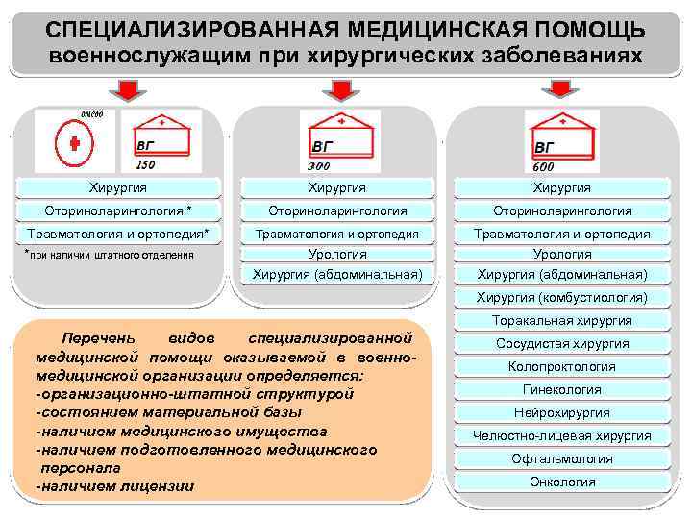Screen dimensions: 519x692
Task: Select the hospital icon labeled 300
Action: click(x=340, y=140)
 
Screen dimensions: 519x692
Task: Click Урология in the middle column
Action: click(x=336, y=255)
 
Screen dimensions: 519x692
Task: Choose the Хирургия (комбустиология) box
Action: click(x=562, y=298)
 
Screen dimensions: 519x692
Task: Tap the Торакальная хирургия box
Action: click(x=562, y=321)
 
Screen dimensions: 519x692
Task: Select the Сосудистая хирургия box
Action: click(x=562, y=343)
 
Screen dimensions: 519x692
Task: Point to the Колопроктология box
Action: click(x=562, y=366)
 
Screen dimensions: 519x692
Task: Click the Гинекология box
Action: click(x=562, y=389)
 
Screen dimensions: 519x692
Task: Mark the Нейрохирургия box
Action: click(x=562, y=412)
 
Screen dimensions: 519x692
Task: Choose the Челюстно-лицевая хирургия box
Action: click(x=562, y=435)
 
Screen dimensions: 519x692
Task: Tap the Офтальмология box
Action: click(x=562, y=458)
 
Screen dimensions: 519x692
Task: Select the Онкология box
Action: click(x=562, y=482)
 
